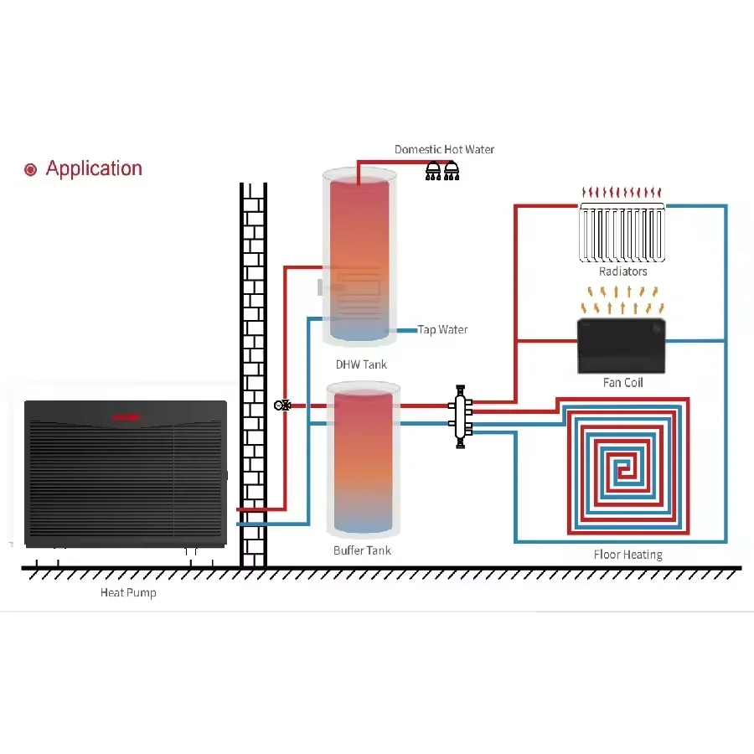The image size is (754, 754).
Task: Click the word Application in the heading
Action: (94, 168)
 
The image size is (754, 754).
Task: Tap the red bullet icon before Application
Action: (31, 170)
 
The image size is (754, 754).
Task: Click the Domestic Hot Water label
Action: (444, 149)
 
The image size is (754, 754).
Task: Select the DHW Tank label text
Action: (361, 364)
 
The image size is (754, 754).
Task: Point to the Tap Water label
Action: (442, 329)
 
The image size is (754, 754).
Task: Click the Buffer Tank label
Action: (362, 550)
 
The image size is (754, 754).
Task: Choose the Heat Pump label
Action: (128, 592)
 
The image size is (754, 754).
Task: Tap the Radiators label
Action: (622, 271)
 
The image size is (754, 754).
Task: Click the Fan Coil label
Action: (622, 382)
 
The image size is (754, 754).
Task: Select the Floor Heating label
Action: (627, 555)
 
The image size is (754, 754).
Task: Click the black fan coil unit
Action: (622, 345)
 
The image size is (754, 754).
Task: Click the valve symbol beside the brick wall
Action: (282, 405)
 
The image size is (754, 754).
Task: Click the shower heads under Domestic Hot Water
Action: (442, 170)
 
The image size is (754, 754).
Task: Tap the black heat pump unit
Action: (126, 473)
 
